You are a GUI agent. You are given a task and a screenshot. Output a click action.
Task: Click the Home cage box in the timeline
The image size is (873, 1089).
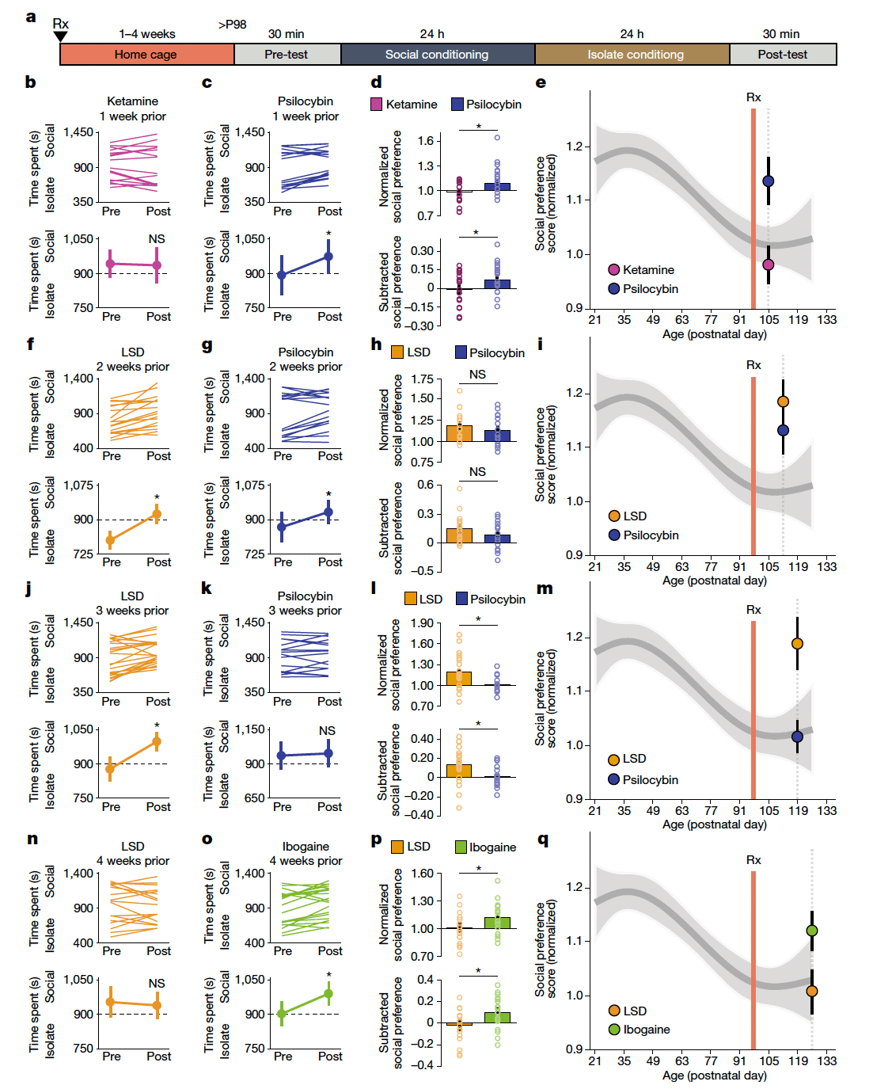pyautogui.click(x=146, y=55)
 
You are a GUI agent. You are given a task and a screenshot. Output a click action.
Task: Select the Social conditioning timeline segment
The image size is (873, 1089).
pyautogui.click(x=437, y=55)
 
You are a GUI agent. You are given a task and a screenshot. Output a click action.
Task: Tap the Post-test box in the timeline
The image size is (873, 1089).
pyautogui.click(x=782, y=55)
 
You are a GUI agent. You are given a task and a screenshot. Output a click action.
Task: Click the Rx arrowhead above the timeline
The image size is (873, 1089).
pyautogui.click(x=60, y=36)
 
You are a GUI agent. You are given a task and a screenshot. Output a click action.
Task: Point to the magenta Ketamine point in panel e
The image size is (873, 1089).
pyautogui.click(x=768, y=265)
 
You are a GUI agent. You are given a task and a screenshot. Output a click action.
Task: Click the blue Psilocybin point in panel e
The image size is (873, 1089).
pyautogui.click(x=768, y=181)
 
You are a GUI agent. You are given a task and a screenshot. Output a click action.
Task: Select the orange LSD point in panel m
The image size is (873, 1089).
pyautogui.click(x=797, y=644)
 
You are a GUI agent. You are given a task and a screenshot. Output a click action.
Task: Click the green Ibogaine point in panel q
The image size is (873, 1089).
pyautogui.click(x=812, y=931)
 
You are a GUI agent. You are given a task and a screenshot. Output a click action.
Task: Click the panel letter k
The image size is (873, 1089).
pyautogui.click(x=207, y=588)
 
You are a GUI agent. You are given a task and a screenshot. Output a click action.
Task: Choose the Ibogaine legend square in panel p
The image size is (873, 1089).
pyautogui.click(x=461, y=847)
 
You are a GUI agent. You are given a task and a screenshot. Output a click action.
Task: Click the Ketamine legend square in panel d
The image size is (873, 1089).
pyautogui.click(x=377, y=105)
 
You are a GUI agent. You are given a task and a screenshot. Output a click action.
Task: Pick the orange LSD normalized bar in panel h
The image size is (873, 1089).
pyautogui.click(x=459, y=433)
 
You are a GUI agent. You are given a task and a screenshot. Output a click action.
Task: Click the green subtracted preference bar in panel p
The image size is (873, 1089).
pyautogui.click(x=497, y=1017)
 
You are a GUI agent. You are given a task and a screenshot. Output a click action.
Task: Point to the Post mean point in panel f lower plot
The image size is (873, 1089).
pyautogui.click(x=157, y=515)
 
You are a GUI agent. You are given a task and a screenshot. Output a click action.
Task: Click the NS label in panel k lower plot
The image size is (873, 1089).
pyautogui.click(x=327, y=731)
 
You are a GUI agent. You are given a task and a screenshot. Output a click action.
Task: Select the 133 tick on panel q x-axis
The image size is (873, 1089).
pyautogui.click(x=827, y=1061)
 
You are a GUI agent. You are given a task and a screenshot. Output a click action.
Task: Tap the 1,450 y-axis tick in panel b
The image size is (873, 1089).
pyautogui.click(x=78, y=132)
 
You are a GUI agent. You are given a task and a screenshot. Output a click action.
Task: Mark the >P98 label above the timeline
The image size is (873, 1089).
pyautogui.click(x=233, y=25)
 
